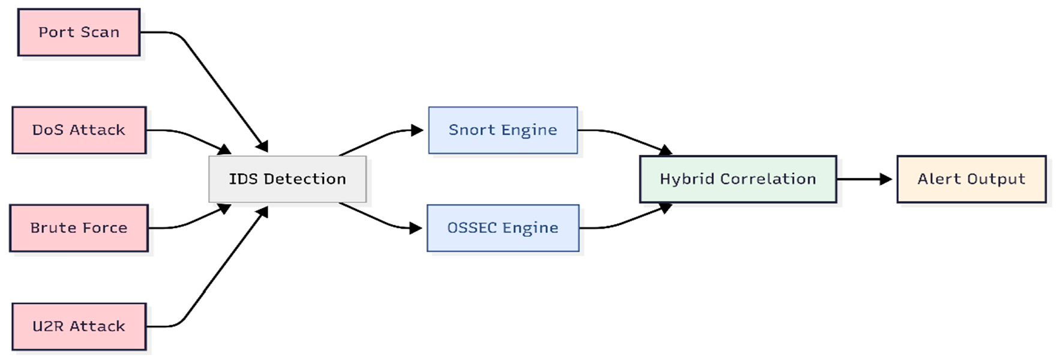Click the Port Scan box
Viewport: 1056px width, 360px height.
click(79, 32)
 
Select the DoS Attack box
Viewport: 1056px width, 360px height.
click(79, 130)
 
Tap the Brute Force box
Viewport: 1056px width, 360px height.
click(79, 228)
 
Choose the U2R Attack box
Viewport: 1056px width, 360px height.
click(79, 326)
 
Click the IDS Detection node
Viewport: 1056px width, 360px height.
click(287, 179)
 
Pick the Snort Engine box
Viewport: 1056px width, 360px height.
click(503, 130)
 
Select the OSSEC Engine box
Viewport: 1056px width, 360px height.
click(503, 228)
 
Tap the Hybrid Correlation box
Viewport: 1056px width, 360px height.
click(737, 179)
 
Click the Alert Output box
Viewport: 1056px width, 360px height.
click(971, 179)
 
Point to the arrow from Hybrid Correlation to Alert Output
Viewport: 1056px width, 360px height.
click(861, 179)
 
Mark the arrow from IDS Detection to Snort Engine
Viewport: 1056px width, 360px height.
click(378, 138)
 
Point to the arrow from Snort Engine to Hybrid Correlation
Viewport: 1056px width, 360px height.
click(624, 137)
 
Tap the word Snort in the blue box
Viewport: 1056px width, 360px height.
click(472, 130)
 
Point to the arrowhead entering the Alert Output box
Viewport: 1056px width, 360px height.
click(886, 179)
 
